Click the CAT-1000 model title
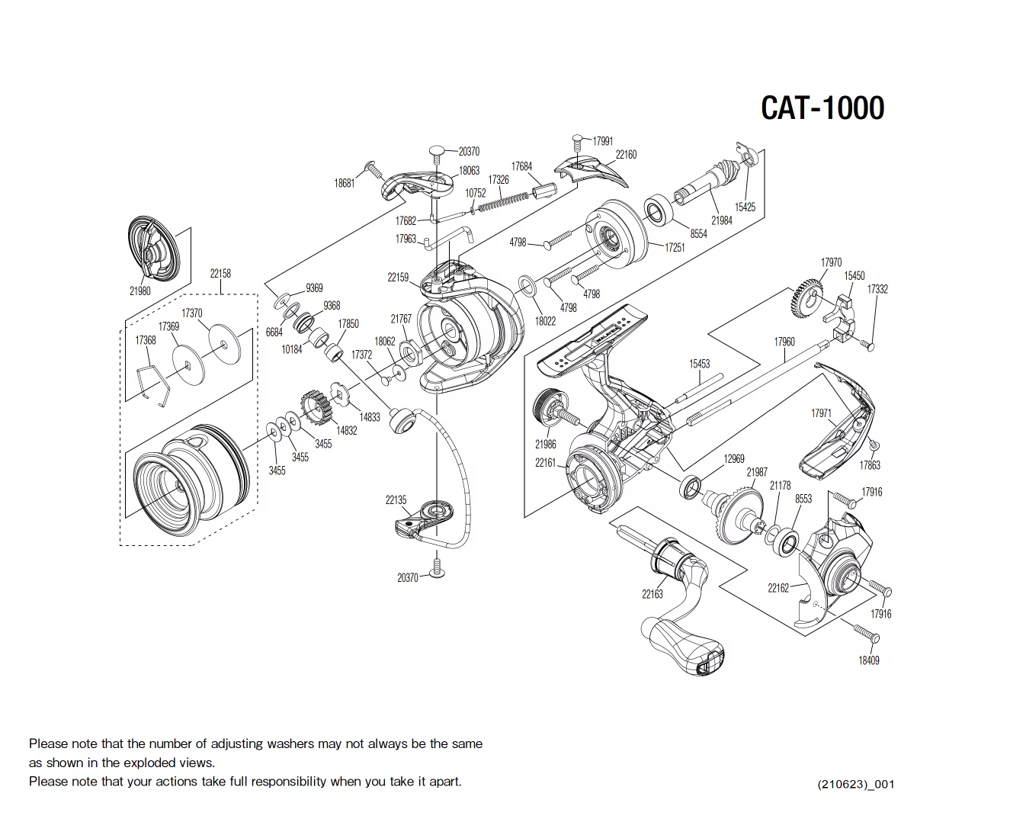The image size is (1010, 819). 822,108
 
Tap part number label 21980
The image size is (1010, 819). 139,291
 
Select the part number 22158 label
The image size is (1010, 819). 220,273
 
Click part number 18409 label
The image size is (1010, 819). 868,660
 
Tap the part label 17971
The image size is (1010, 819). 821,413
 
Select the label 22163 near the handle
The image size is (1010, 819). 652,594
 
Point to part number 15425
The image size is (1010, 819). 745,207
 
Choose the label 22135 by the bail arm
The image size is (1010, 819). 396,500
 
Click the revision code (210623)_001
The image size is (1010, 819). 855,784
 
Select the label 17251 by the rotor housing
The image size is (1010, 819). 675,247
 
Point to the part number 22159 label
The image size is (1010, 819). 398,278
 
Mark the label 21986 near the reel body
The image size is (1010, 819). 545,444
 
